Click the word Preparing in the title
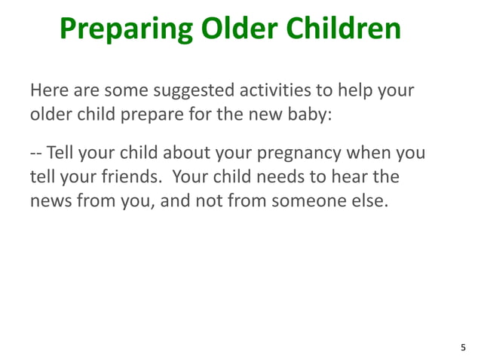coord(124,29)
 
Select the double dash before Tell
coord(36,153)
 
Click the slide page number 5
coord(463,347)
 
